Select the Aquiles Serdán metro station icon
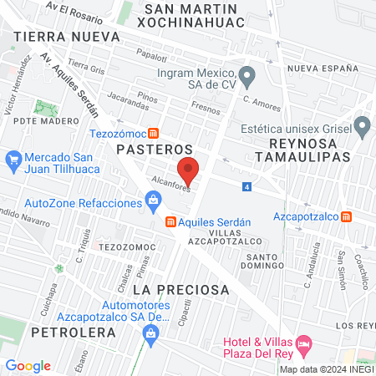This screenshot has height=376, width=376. tap(170, 221)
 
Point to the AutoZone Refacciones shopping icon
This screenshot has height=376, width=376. tap(153, 199)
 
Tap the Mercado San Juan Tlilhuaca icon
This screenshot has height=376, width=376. tap(13, 158)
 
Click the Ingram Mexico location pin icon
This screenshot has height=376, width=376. tap(246, 74)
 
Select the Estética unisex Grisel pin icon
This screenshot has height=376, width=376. tap(361, 128)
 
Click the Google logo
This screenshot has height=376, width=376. tap(28, 366)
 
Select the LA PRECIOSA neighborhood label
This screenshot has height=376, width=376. tap(180, 289)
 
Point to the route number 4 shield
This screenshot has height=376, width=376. tap(247, 187)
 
